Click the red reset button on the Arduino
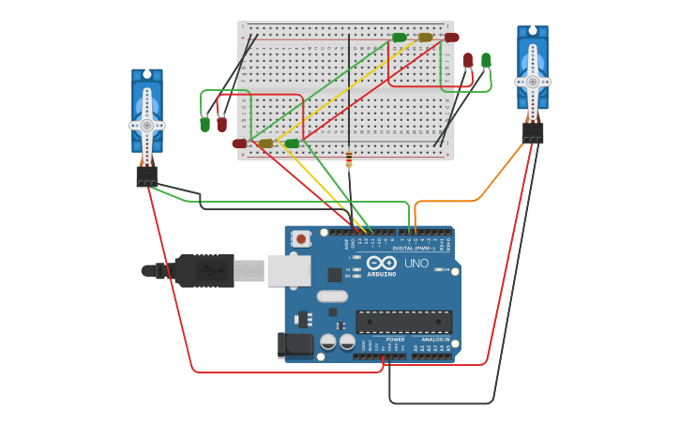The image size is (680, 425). click(301, 239)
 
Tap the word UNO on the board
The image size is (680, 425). click(416, 264)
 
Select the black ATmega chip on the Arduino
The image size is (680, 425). click(403, 322)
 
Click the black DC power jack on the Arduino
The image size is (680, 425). click(295, 344)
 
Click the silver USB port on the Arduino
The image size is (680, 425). click(289, 270)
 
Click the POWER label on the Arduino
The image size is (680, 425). click(395, 339)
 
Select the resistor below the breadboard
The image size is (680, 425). click(349, 157)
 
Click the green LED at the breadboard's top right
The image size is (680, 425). click(400, 38)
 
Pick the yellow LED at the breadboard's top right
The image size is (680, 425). click(426, 38)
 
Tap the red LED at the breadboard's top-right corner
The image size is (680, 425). click(452, 38)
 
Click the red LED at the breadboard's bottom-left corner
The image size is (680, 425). click(239, 144)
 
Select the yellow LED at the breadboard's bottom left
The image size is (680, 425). click(265, 144)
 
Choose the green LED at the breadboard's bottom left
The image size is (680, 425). click(292, 144)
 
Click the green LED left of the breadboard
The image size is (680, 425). click(204, 124)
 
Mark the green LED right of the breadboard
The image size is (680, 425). click(486, 60)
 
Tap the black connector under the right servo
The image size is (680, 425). click(533, 133)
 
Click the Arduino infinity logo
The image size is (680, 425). click(381, 263)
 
